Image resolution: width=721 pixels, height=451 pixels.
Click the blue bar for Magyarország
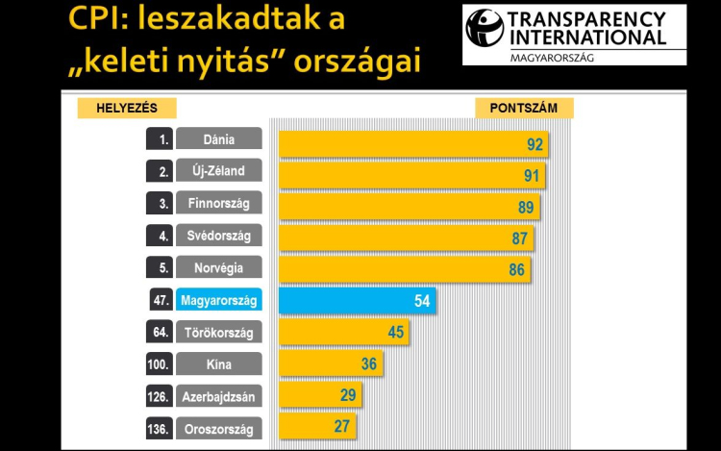tap(356, 301)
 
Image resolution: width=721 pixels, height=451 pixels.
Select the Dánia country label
tap(219, 139)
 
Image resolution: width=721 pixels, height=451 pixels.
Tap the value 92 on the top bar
tap(535, 145)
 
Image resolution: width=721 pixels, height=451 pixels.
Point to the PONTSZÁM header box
tap(524, 108)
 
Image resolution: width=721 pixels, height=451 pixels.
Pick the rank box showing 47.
tap(160, 301)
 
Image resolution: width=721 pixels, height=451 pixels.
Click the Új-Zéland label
tap(219, 172)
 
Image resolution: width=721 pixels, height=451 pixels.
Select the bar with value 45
tap(343, 333)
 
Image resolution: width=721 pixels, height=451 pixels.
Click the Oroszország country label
tap(219, 427)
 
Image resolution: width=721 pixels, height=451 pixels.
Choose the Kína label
tap(219, 364)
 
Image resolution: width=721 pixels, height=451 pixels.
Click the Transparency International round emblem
tap(484, 28)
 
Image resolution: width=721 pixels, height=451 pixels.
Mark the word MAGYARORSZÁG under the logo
tap(546, 58)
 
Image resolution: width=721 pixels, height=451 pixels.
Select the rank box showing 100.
tap(160, 364)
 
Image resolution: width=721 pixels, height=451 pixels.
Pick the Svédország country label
tap(219, 237)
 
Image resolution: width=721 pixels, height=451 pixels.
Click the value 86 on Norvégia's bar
tap(517, 270)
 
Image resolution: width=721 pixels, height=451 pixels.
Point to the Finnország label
tap(219, 204)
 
